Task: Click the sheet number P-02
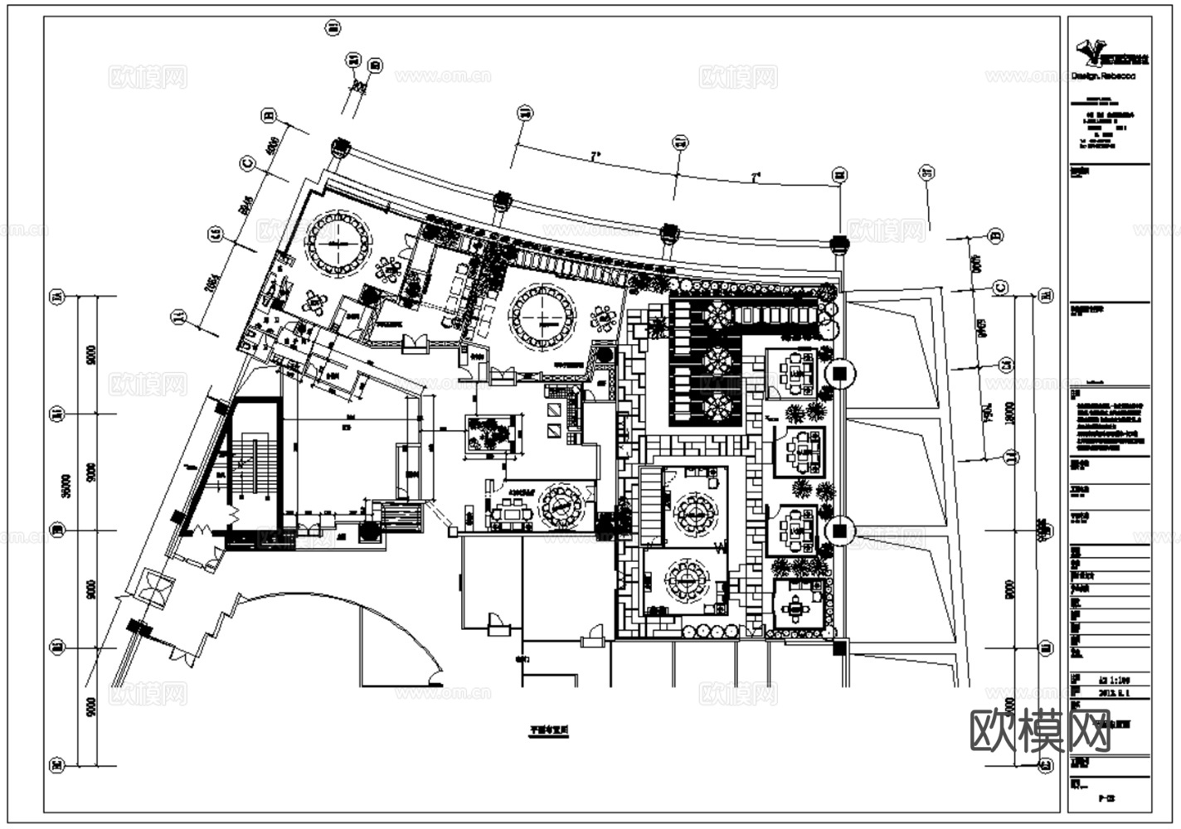[x=1105, y=799]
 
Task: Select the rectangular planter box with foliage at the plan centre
[x=492, y=434]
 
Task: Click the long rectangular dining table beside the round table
[x=511, y=513]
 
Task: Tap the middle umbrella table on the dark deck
[x=717, y=361]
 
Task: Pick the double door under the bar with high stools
[x=415, y=342]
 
